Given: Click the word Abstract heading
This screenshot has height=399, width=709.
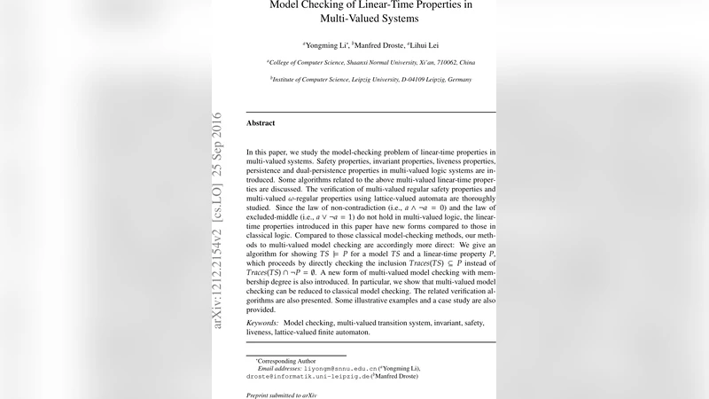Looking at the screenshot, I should (261, 122).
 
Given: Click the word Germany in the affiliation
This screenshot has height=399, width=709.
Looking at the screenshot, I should (457, 79).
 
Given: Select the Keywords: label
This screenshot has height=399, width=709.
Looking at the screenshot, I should (262, 324).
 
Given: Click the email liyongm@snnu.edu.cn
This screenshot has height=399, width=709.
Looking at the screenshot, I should (341, 368).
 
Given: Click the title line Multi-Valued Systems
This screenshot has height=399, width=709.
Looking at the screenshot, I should (370, 18).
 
